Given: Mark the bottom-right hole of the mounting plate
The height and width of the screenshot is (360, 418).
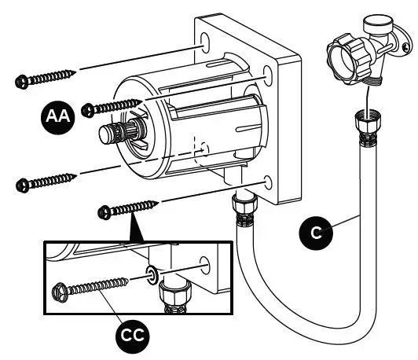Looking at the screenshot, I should click(269, 181).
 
